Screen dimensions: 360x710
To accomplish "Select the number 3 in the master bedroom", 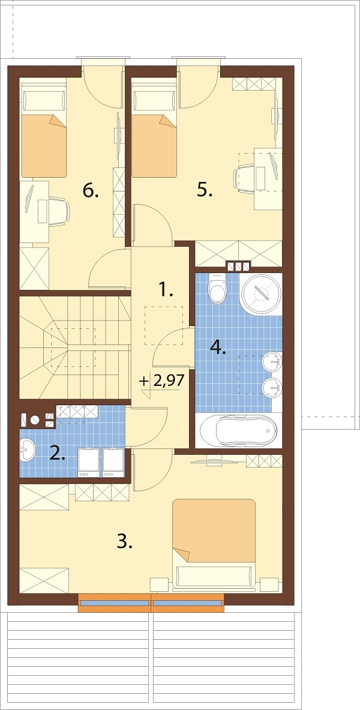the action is pos(124,541).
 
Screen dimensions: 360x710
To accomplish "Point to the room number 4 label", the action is pos(218,347).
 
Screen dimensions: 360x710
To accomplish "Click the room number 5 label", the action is pos(205,190).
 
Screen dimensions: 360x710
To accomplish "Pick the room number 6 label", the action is pos(91,191).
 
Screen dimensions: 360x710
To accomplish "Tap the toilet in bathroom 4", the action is pos(217,289).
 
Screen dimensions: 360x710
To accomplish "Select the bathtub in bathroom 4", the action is pos(238,430).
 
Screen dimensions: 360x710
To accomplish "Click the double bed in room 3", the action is pos(214,543).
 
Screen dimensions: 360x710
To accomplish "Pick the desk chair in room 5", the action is pos(244,178).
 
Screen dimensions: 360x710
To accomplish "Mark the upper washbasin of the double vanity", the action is pos(272,361).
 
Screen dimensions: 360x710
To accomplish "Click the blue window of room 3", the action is pos(151,603).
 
